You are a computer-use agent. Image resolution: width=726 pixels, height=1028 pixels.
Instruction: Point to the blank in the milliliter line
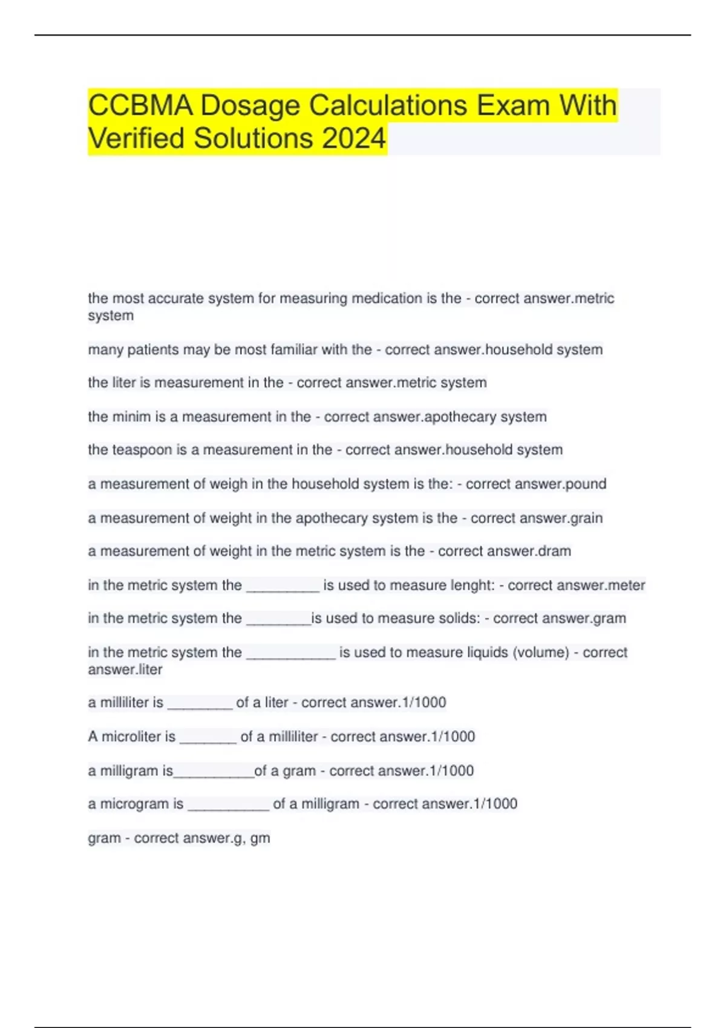point(200,704)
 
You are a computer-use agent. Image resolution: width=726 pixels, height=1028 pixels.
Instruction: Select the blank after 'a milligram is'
point(214,772)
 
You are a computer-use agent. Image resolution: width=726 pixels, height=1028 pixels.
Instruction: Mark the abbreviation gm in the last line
point(260,839)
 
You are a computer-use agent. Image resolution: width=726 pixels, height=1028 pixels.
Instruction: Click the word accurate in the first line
point(171,298)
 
